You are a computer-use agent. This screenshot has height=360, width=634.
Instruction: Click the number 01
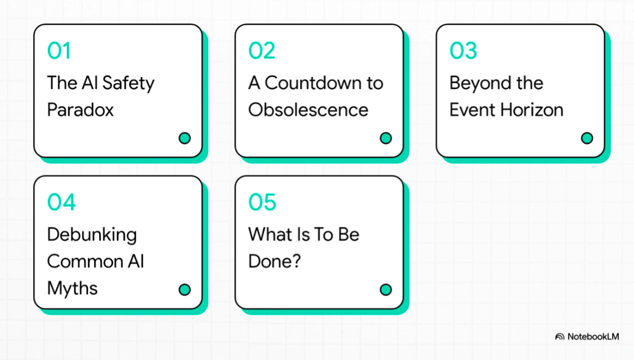pyautogui.click(x=59, y=51)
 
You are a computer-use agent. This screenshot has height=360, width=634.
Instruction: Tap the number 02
pyautogui.click(x=262, y=51)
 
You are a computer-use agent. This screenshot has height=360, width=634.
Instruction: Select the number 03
pyautogui.click(x=463, y=51)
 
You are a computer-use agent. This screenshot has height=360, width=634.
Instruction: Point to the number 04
pyautogui.click(x=61, y=202)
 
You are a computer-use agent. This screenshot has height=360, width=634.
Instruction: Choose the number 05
pyautogui.click(x=262, y=202)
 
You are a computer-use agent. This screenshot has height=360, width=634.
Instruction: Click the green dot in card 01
pyautogui.click(x=185, y=138)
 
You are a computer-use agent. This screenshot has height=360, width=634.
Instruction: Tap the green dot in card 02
pyautogui.click(x=386, y=138)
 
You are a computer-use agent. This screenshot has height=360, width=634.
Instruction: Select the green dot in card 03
pyautogui.click(x=587, y=138)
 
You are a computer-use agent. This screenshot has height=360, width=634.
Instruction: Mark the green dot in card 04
pyautogui.click(x=185, y=290)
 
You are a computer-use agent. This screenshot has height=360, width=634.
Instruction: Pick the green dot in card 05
pyautogui.click(x=386, y=290)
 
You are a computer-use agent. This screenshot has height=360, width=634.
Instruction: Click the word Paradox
pyautogui.click(x=80, y=110)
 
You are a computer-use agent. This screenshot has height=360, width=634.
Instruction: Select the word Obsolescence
pyautogui.click(x=308, y=110)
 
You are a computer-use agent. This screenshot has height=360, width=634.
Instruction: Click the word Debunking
pyautogui.click(x=92, y=235)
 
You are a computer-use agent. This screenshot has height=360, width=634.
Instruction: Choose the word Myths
pyautogui.click(x=72, y=288)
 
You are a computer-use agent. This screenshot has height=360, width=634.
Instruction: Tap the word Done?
pyautogui.click(x=274, y=261)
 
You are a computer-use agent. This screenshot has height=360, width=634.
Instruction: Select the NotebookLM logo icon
pyautogui.click(x=560, y=336)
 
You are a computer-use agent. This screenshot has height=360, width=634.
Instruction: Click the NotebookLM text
pyautogui.click(x=593, y=336)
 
